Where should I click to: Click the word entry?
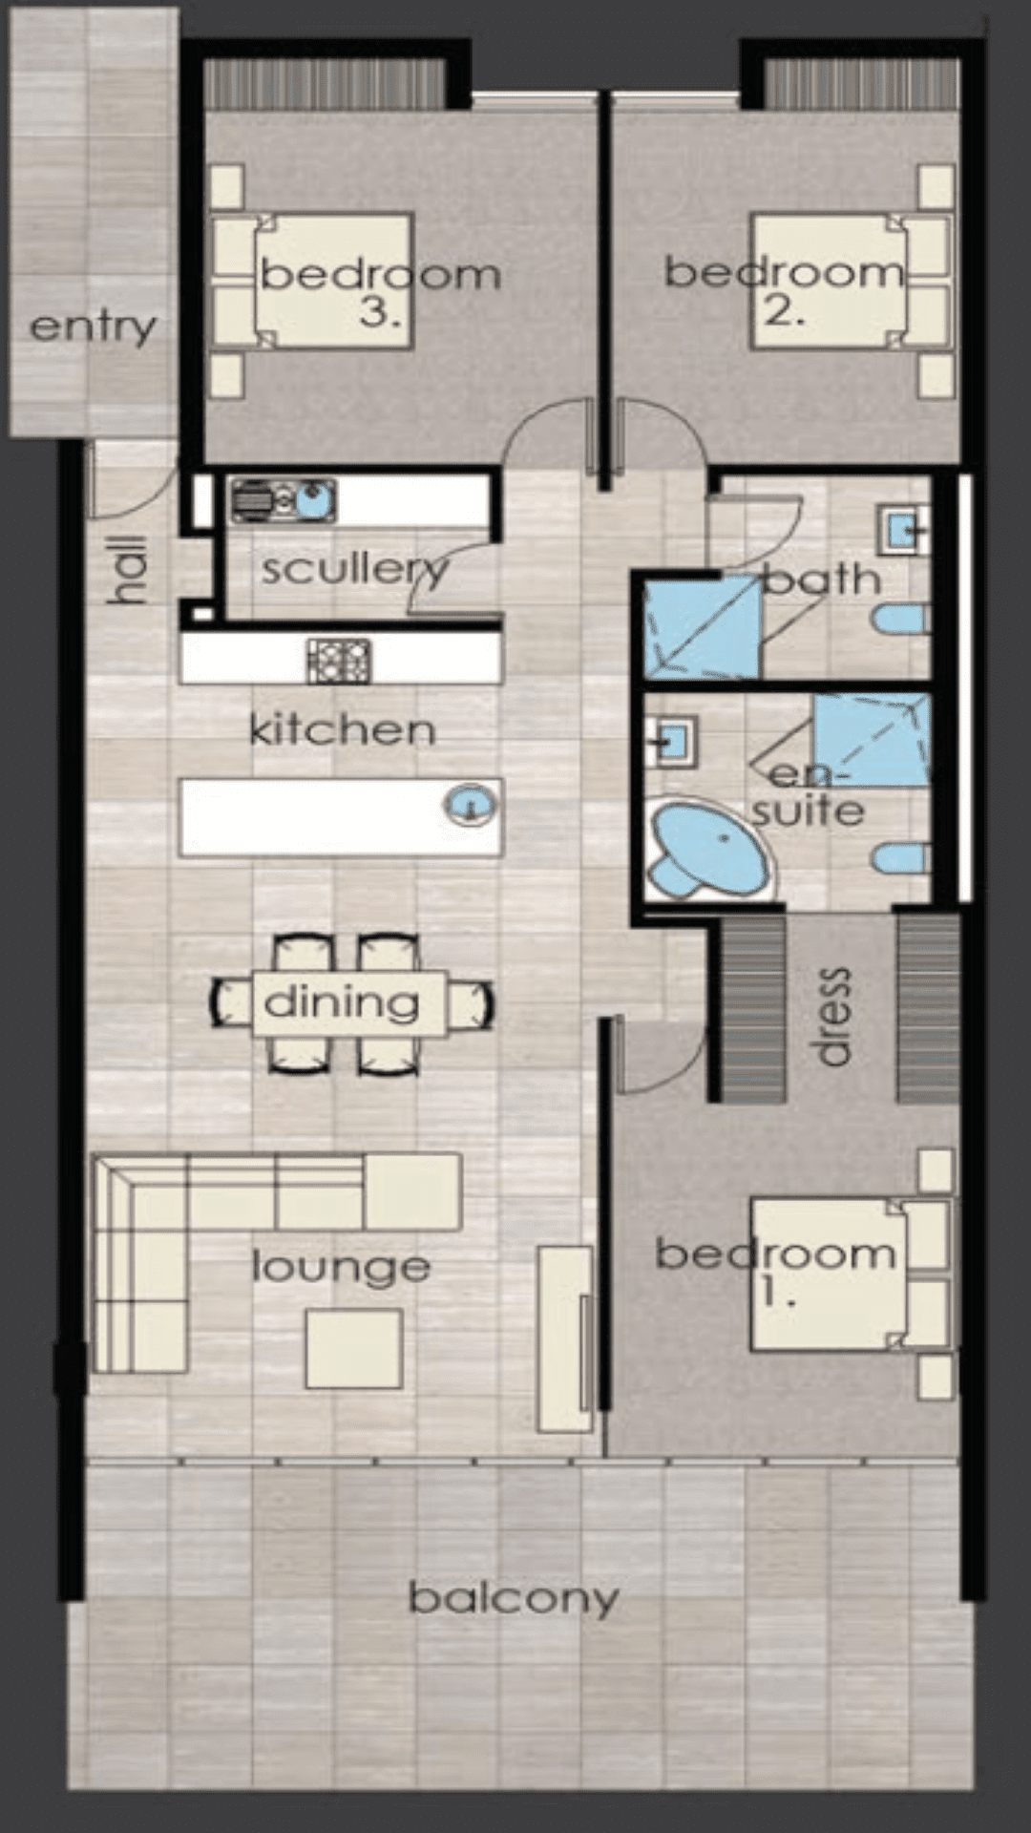[x=93, y=327]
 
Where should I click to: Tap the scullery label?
[x=354, y=570]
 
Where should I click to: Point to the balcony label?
[x=514, y=1597]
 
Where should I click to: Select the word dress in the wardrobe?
[x=833, y=1016]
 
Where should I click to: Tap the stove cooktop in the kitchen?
[x=339, y=660]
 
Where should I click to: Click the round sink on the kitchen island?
[x=470, y=804]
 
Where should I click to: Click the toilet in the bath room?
[x=901, y=620]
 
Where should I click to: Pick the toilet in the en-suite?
[x=901, y=857]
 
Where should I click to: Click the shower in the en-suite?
[x=872, y=741]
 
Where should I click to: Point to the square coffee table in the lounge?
[x=353, y=1348]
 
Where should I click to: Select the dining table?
[x=349, y=1003]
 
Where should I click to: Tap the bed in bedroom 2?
[x=852, y=281]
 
